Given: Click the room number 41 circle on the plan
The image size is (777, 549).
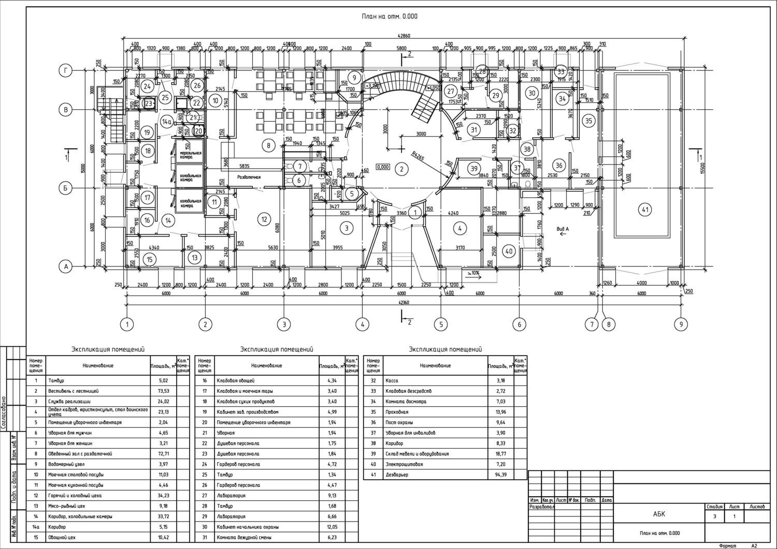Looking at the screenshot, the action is [645, 210].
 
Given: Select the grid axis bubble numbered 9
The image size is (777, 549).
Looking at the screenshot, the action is [681, 324].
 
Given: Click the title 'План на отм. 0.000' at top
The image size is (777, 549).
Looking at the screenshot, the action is [389, 17].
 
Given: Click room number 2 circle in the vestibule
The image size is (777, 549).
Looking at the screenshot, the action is [400, 168].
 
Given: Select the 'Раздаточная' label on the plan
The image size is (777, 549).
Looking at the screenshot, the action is [249, 177].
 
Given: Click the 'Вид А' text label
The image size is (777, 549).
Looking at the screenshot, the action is [563, 228].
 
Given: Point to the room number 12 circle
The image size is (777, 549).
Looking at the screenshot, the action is [264, 219].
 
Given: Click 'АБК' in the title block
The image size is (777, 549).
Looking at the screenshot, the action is [658, 514].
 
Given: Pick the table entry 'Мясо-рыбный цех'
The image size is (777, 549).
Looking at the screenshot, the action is [66, 506].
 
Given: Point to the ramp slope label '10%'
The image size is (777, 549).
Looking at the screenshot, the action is [473, 273].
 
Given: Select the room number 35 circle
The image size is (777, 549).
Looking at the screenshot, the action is [588, 121].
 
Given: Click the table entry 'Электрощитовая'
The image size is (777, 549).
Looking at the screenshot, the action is [404, 464].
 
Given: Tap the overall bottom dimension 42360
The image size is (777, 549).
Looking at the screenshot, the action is [404, 302].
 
